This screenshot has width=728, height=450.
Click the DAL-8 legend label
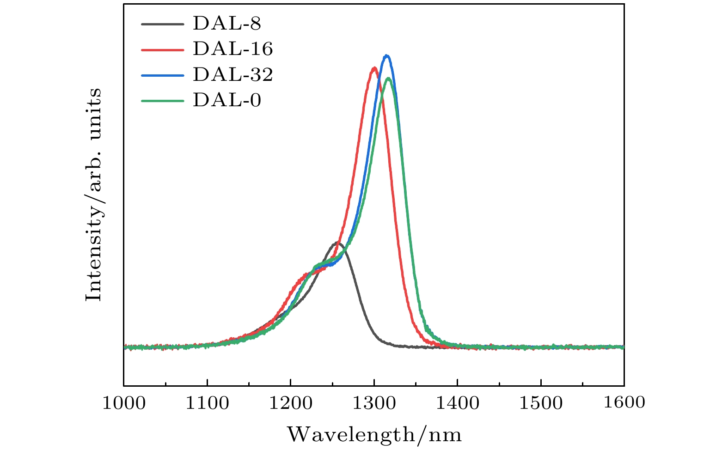pos(226,23)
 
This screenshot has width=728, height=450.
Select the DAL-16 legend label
pos(232,49)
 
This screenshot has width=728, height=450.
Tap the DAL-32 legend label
pos(232,74)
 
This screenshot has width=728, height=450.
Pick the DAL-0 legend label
pos(226,100)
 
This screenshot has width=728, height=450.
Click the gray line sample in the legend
pos(161,23)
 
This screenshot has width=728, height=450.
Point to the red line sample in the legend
pos(161,49)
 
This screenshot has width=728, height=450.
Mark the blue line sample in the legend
pos(161,74)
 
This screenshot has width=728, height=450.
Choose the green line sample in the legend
pos(161,100)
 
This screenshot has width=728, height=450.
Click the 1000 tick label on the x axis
pos(123,403)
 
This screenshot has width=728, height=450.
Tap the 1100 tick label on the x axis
pos(207,403)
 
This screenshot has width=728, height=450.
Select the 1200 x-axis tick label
pos(290,403)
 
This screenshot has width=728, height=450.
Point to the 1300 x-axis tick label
pos(374,403)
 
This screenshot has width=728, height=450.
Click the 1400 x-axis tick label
pos(457,403)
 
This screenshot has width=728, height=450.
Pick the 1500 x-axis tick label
pos(541,403)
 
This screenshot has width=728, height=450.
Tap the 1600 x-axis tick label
pos(624,402)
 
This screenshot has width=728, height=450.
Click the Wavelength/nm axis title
pos(374,435)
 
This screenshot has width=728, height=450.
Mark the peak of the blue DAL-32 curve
pos(387,56)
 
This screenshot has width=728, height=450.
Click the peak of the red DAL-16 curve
pos(374,68)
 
